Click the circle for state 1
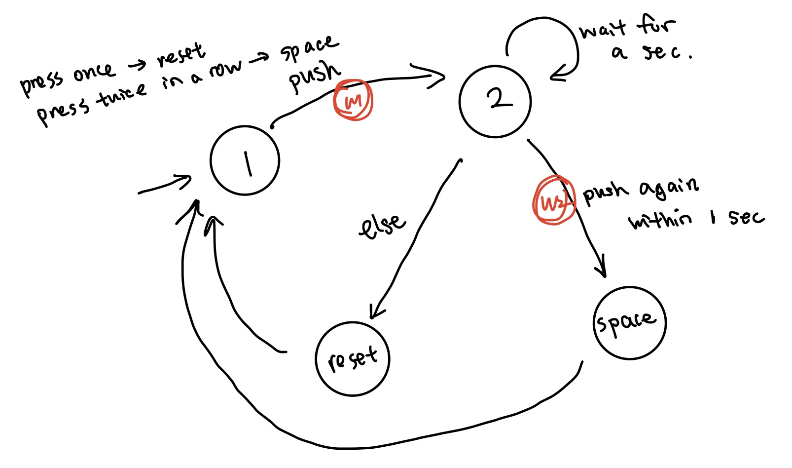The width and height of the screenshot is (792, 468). pos(245,160)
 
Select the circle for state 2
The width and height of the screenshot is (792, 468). pos(495,101)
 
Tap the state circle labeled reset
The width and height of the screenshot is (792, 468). pos(352,359)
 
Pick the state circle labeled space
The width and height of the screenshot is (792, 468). pos(629,323)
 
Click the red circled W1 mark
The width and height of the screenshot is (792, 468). pos(353,100)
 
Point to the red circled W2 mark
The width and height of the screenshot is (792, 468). pos(553,200)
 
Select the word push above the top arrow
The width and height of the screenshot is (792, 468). pos(315,77)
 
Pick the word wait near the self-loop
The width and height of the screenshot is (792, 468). pos(603,30)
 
